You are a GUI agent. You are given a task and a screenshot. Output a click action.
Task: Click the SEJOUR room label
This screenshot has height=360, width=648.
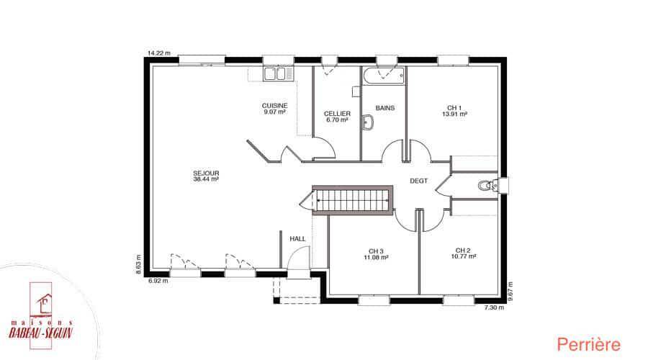click(x=206, y=174)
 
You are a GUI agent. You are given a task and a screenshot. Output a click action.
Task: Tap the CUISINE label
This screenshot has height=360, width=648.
click(x=275, y=106)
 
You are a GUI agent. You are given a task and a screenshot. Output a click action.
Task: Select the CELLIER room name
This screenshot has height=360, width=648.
click(x=337, y=114)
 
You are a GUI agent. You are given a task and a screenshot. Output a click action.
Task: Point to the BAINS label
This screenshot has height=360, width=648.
click(x=385, y=108)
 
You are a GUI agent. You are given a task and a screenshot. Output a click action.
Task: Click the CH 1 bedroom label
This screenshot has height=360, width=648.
click(x=454, y=108)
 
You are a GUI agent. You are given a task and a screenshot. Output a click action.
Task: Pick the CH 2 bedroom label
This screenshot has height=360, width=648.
click(x=463, y=251)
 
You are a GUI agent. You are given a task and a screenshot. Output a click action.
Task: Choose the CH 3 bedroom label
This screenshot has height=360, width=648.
click(x=376, y=251)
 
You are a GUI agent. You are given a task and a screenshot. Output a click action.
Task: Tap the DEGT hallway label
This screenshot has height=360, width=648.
click(x=418, y=181)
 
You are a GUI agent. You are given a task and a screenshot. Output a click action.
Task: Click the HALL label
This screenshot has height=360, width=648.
click(x=297, y=239)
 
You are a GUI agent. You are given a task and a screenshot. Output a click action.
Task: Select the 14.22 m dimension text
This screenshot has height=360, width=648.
click(x=159, y=53)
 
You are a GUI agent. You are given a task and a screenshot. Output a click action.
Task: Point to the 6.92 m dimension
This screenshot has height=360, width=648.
click(x=158, y=281)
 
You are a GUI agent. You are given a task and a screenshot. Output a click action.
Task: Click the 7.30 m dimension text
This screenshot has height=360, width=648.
click(x=494, y=307)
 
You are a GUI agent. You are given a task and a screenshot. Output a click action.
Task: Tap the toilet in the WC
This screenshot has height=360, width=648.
click(x=487, y=186)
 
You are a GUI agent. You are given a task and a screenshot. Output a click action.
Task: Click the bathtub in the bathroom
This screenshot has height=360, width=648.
click(x=383, y=76)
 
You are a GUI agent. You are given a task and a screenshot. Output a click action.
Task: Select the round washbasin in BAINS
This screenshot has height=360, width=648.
click(x=367, y=122)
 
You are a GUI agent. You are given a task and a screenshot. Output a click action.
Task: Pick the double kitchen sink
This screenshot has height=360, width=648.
click(x=275, y=74)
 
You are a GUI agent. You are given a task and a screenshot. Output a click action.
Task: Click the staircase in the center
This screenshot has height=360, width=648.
click(x=353, y=200)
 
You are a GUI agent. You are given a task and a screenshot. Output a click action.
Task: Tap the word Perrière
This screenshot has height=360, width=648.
click(x=588, y=345)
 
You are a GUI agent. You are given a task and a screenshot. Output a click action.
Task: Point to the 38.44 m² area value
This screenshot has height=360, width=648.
click(x=206, y=179)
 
